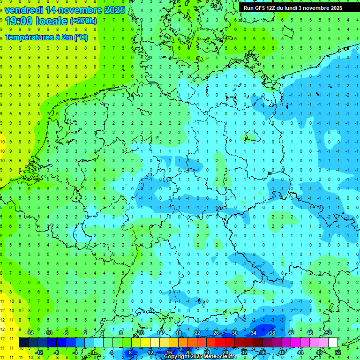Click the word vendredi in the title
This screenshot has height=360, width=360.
(24, 10)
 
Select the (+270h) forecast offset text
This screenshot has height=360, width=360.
(83, 21)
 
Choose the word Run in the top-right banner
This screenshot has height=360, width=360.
(249, 8)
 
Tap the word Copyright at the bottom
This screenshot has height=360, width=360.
(177, 357)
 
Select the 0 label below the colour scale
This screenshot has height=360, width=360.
(93, 352)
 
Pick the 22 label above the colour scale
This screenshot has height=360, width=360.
(197, 333)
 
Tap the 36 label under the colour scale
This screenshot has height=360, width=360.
(262, 352)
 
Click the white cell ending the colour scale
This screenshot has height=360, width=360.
(333, 343)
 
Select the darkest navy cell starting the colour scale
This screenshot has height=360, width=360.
(23, 343)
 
